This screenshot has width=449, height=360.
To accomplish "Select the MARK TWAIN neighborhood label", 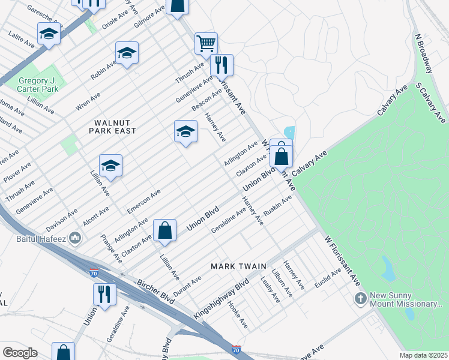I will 234,265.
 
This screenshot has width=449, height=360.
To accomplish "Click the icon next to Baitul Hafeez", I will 75,239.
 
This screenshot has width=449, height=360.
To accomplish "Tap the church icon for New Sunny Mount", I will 360,299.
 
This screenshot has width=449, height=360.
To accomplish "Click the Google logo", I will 20,353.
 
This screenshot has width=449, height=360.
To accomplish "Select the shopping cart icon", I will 206,43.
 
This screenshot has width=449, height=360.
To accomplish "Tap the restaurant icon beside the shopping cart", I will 221,64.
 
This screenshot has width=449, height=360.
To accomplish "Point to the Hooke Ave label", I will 238,314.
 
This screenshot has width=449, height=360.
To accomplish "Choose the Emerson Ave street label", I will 144,201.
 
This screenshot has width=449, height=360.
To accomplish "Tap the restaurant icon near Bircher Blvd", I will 104,294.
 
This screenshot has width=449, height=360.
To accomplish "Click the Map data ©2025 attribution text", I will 423,355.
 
